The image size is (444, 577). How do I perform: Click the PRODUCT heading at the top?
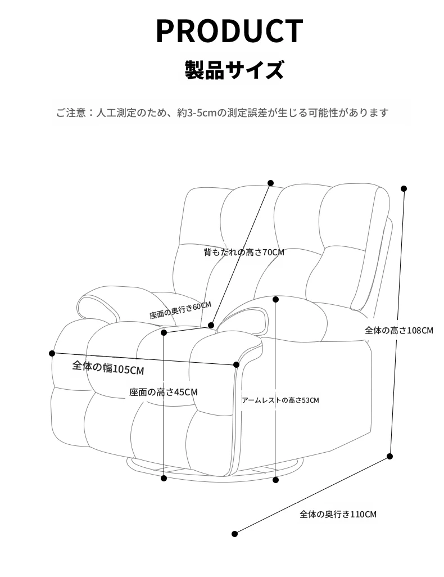pyautogui.click(x=229, y=31)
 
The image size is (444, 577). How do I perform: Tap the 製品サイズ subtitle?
pyautogui.click(x=234, y=70)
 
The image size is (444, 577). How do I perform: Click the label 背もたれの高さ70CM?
pyautogui.click(x=244, y=252)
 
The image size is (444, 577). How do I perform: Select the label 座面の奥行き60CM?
pyautogui.click(x=180, y=310)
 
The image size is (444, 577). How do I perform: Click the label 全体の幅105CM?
pyautogui.click(x=108, y=367)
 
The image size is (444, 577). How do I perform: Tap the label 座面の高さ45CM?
pyautogui.click(x=164, y=393)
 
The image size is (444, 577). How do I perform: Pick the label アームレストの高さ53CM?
pyautogui.click(x=280, y=400)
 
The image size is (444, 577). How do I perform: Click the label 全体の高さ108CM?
pyautogui.click(x=398, y=330)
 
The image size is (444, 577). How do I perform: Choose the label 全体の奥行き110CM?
pyautogui.click(x=338, y=514)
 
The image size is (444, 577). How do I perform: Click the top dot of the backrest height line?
pyautogui.click(x=270, y=183)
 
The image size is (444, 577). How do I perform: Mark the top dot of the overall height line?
pyautogui.click(x=404, y=189)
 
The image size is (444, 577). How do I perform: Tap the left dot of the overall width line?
pyautogui.click(x=52, y=353)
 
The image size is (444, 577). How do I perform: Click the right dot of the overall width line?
pyautogui.click(x=236, y=364)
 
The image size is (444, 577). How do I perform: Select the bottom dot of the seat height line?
pyautogui.click(x=164, y=478)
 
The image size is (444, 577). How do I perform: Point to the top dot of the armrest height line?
pyautogui.click(x=275, y=300)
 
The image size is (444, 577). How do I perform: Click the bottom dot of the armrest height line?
pyautogui.click(x=275, y=480)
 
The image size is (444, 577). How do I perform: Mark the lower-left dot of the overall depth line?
pyautogui.click(x=235, y=534)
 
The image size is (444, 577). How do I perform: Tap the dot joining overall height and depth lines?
pyautogui.click(x=390, y=456)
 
